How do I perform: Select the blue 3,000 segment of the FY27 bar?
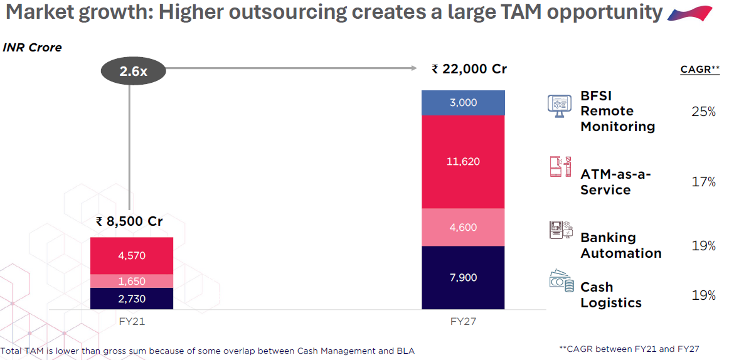(463, 103)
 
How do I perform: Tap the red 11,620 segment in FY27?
(463, 162)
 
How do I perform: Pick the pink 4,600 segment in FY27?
(463, 227)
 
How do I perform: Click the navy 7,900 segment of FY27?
(463, 277)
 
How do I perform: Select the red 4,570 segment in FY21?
(131, 255)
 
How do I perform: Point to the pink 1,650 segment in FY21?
(131, 281)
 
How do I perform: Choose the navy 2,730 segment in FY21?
(131, 299)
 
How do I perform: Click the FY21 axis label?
(131, 321)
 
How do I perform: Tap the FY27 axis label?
(463, 321)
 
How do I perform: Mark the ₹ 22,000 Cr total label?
(469, 69)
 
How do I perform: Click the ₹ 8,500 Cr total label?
(129, 221)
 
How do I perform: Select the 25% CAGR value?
(703, 112)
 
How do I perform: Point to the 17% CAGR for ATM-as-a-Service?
(703, 182)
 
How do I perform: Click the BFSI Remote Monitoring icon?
(559, 105)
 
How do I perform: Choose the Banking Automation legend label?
(620, 245)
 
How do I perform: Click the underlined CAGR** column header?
(699, 70)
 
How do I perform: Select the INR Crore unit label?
(33, 48)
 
